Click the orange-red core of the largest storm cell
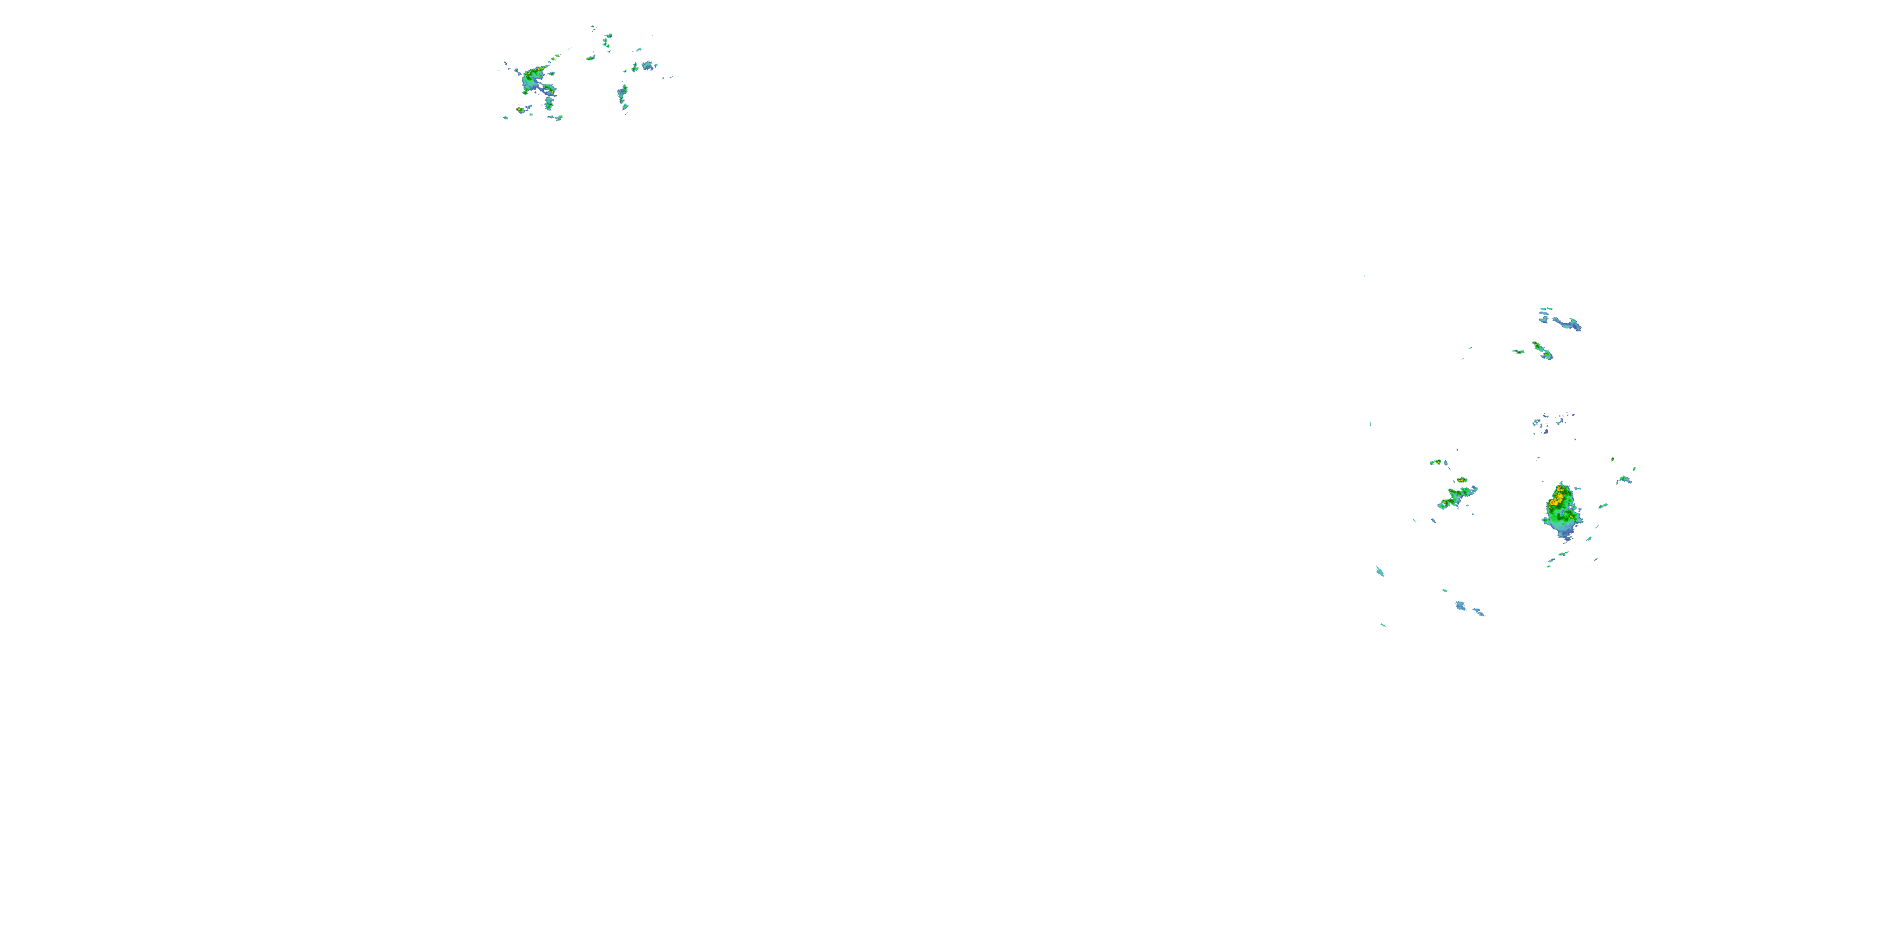pos(1557,499)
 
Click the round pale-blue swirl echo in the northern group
pos(648,66)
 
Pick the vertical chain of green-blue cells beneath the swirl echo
pos(623,96)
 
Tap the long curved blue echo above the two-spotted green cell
pos(1566,323)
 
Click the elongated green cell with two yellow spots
pos(1543,350)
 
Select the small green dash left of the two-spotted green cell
pos(1518,352)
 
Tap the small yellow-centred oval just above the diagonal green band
pos(1461,480)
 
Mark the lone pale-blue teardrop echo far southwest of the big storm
pos(1379,571)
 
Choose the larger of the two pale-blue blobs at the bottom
pos(1460,605)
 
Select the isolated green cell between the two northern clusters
pos(591,58)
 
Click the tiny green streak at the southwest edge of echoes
pos(1383,625)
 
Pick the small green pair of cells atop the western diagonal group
pos(1438,463)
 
